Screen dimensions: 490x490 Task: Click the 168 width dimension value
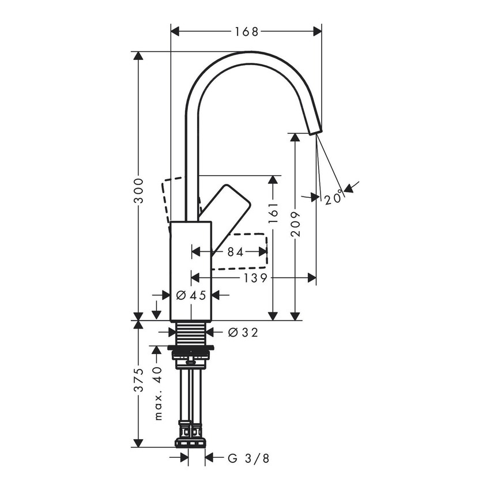(246, 31)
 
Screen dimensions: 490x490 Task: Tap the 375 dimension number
(138, 381)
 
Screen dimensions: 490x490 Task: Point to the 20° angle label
(333, 198)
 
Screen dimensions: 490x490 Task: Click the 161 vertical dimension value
(273, 213)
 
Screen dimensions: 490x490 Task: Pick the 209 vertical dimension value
(295, 222)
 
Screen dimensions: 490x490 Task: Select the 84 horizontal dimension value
(235, 251)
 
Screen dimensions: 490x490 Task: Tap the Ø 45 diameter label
(191, 295)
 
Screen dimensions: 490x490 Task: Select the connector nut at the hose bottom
(190, 443)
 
